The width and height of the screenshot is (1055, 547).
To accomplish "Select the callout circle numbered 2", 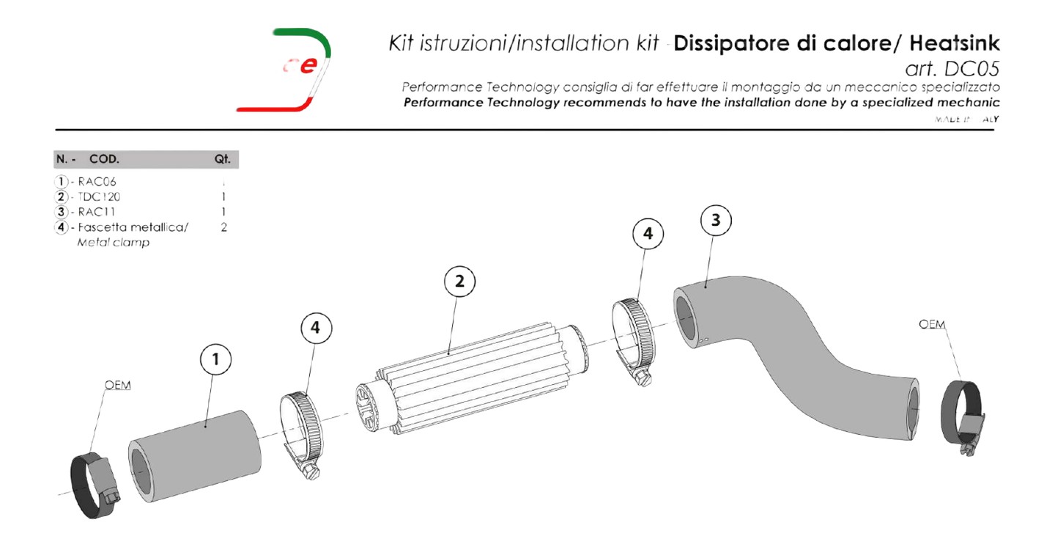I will tap(460, 282).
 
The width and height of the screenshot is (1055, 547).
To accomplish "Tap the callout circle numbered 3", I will tap(716, 220).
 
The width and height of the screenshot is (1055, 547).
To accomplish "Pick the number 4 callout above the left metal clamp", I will tap(316, 328).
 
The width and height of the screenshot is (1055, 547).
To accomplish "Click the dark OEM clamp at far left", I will tap(95, 480).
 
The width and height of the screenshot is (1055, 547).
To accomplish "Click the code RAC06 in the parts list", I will tap(98, 181).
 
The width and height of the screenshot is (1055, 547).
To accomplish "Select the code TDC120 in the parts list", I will tap(100, 197).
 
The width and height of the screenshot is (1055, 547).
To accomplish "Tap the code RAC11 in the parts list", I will tap(97, 212).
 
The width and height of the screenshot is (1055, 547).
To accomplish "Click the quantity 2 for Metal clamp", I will tap(223, 227).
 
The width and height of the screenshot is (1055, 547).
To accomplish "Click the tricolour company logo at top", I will tap(300, 70).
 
